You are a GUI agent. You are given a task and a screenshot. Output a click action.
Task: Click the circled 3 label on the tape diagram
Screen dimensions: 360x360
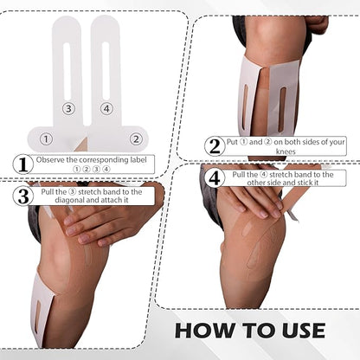click(x=68, y=108)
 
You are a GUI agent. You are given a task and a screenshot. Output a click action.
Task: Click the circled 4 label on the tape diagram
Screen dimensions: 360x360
click(x=106, y=108)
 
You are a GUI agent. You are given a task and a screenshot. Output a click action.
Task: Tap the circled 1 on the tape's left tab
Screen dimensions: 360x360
click(x=46, y=138)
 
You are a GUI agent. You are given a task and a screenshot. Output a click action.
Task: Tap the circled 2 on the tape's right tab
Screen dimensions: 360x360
click(x=135, y=138)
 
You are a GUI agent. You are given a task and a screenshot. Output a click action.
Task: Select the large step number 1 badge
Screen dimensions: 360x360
click(x=24, y=164)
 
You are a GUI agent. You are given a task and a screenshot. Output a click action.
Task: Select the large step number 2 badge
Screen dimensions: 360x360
click(x=214, y=145)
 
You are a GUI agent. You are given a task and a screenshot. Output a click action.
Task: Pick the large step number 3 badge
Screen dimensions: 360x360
click(x=24, y=196)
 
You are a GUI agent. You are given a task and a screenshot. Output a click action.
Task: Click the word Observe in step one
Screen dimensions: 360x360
click(x=56, y=159)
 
